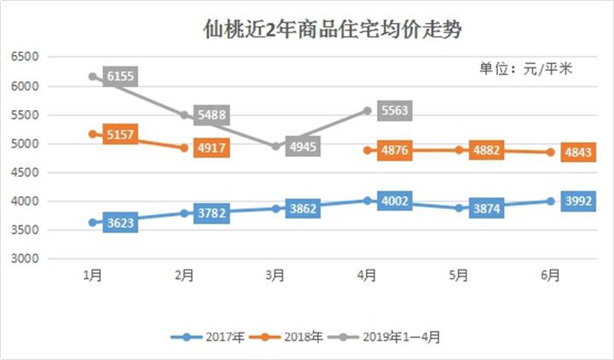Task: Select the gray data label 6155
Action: [122, 78]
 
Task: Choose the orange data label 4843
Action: [578, 153]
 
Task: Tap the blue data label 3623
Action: [122, 224]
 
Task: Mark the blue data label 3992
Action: [578, 201]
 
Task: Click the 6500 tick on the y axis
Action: [25, 57]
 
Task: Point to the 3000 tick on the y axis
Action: [25, 259]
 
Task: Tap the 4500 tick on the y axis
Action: [25, 173]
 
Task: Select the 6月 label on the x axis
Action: [551, 276]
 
